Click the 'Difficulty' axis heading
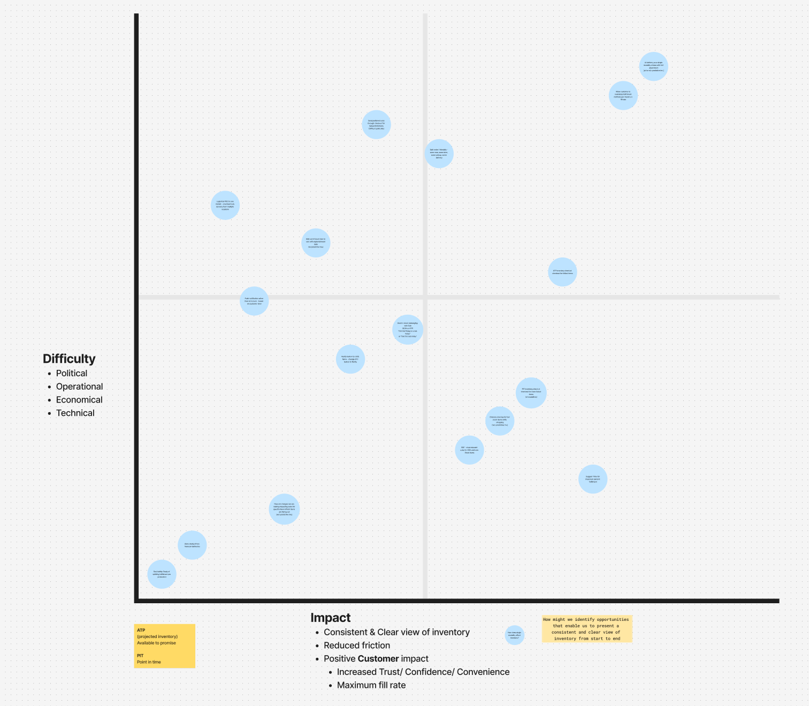click(69, 359)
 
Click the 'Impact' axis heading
click(330, 618)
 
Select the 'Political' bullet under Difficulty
click(72, 373)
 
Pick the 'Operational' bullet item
click(79, 386)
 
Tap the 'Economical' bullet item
click(79, 400)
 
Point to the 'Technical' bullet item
click(75, 413)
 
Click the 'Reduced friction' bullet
click(356, 646)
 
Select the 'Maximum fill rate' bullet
click(371, 685)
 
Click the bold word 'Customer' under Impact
click(378, 659)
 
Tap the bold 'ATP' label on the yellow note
click(141, 630)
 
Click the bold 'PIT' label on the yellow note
click(140, 655)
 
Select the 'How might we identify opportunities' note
click(586, 629)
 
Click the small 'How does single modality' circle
click(514, 635)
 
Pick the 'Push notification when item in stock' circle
click(254, 301)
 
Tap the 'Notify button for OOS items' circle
click(350, 359)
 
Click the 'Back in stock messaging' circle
click(408, 330)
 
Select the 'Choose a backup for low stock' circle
click(500, 421)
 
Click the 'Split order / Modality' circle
click(439, 154)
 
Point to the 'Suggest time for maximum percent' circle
click(593, 479)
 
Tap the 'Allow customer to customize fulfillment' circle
click(623, 95)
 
